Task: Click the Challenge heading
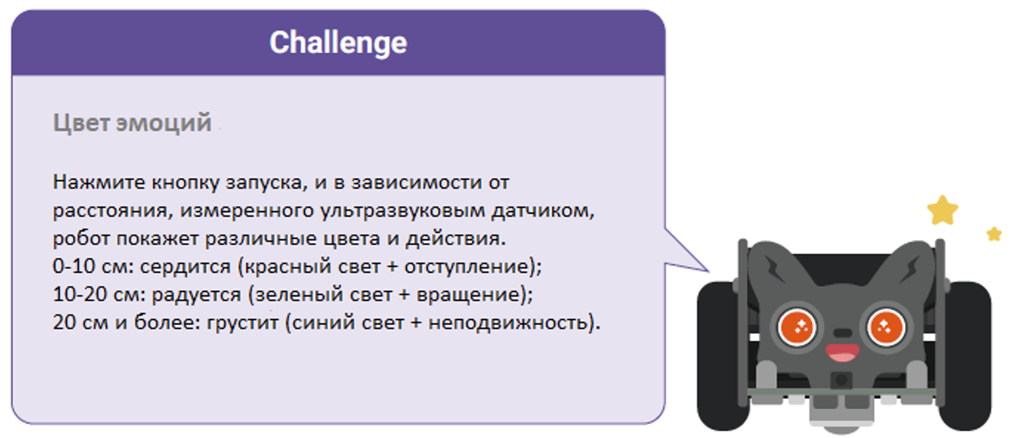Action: tap(337, 43)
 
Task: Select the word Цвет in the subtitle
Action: tap(81, 123)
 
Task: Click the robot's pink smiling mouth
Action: tap(840, 352)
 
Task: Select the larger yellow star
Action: tap(942, 209)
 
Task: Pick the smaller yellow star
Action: tap(994, 234)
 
